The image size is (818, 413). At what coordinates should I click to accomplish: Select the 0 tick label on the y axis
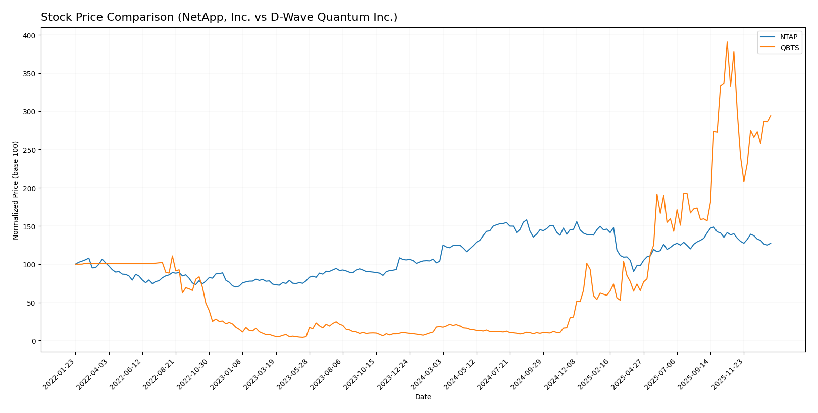[x=33, y=341]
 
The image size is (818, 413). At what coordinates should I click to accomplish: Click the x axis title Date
[x=423, y=397]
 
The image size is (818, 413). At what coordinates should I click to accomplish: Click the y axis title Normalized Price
[x=16, y=190]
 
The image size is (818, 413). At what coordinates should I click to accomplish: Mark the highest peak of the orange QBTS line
[x=727, y=42]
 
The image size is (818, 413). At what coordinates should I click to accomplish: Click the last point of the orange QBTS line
[x=770, y=116]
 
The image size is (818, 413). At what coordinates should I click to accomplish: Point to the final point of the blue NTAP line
[x=770, y=243]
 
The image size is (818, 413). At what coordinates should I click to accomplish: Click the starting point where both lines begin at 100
[x=75, y=264]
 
